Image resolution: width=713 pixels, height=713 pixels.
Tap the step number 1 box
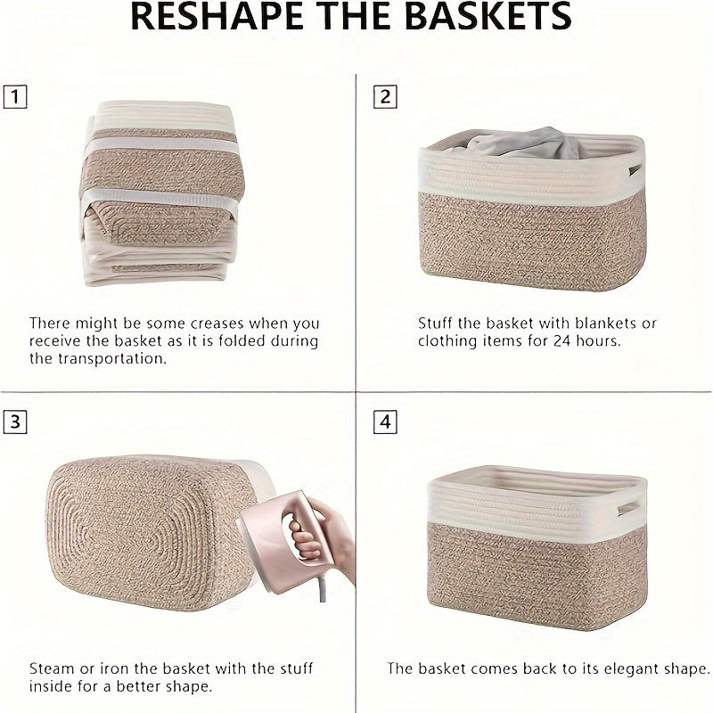point(15,96)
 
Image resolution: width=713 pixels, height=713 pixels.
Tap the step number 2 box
point(385,96)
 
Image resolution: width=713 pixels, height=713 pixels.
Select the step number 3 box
point(15,422)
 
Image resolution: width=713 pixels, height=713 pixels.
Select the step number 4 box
point(385,422)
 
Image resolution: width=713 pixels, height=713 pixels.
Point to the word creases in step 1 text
point(221,323)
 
